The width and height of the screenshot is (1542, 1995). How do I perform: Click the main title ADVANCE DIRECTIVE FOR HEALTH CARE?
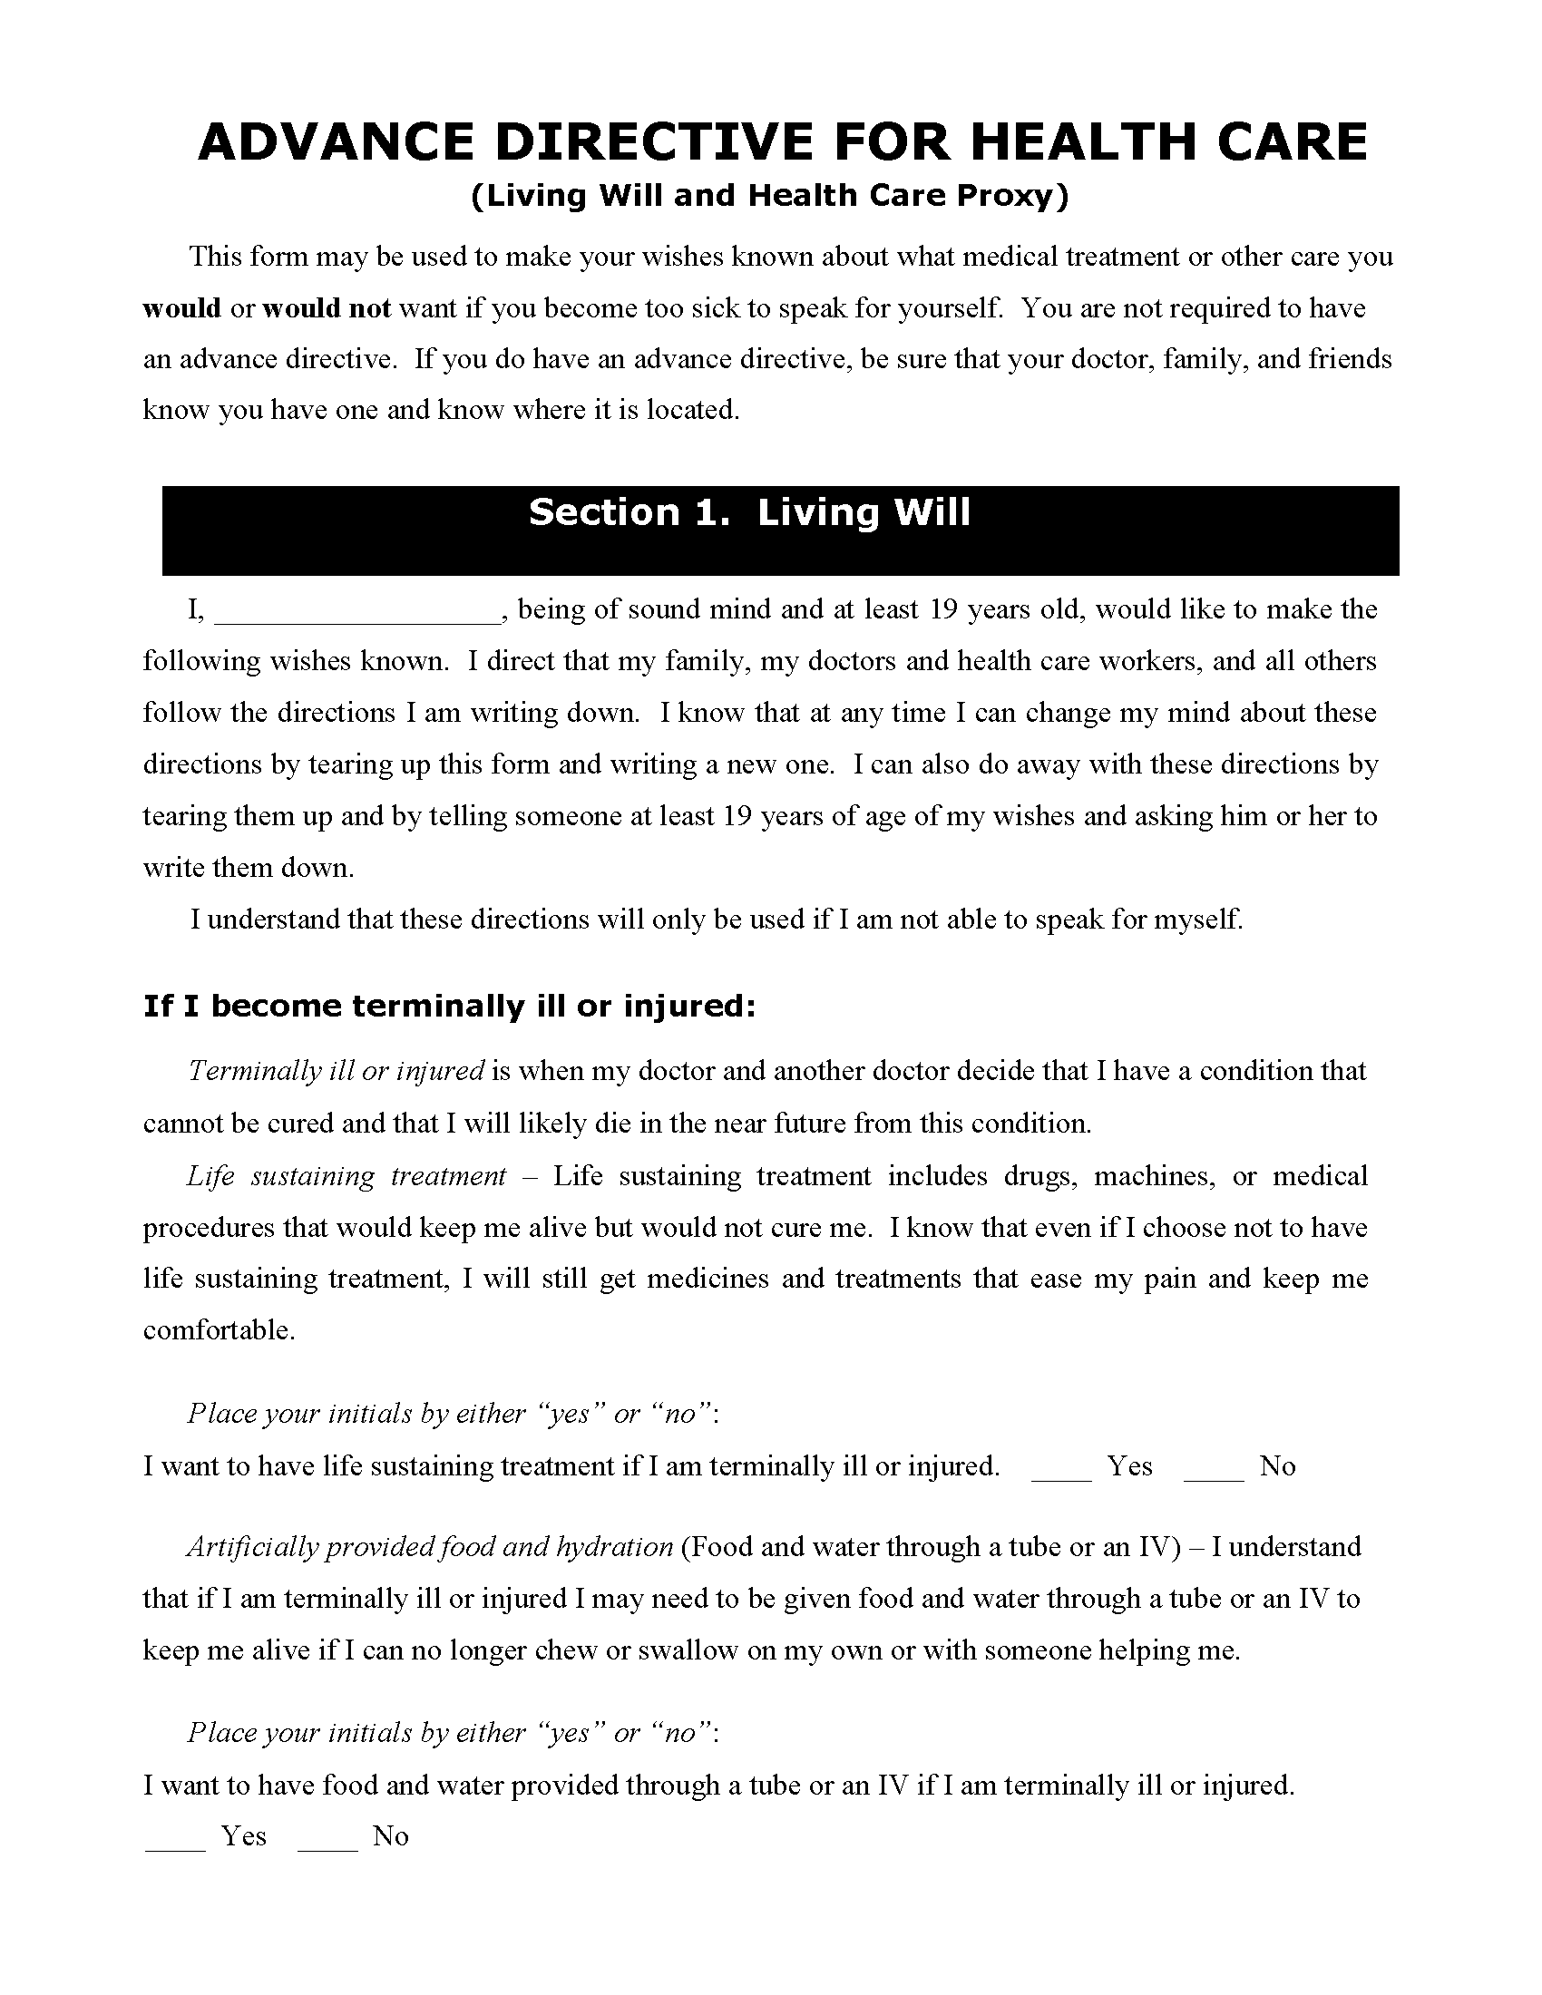(783, 142)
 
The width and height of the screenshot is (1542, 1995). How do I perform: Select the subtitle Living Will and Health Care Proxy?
(769, 196)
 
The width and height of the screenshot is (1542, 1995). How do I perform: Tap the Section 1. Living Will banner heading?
(749, 513)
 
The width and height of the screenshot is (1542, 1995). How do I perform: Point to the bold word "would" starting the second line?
(181, 308)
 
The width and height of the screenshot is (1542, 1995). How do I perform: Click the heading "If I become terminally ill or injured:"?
(449, 1007)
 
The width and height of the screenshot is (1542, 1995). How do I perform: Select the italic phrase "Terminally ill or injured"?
(336, 1071)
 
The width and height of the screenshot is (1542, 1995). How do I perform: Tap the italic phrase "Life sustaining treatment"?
(346, 1175)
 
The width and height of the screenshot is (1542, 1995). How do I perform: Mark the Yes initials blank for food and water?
(174, 1838)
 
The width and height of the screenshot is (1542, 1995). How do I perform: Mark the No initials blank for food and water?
(327, 1838)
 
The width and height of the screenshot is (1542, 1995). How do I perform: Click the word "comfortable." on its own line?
(220, 1330)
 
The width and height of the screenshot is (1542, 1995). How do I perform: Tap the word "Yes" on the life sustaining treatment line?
(1130, 1466)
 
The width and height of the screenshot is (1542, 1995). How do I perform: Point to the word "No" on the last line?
(390, 1836)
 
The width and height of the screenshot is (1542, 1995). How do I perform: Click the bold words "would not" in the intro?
(327, 308)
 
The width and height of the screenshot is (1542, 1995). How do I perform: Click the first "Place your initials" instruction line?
(454, 1414)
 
